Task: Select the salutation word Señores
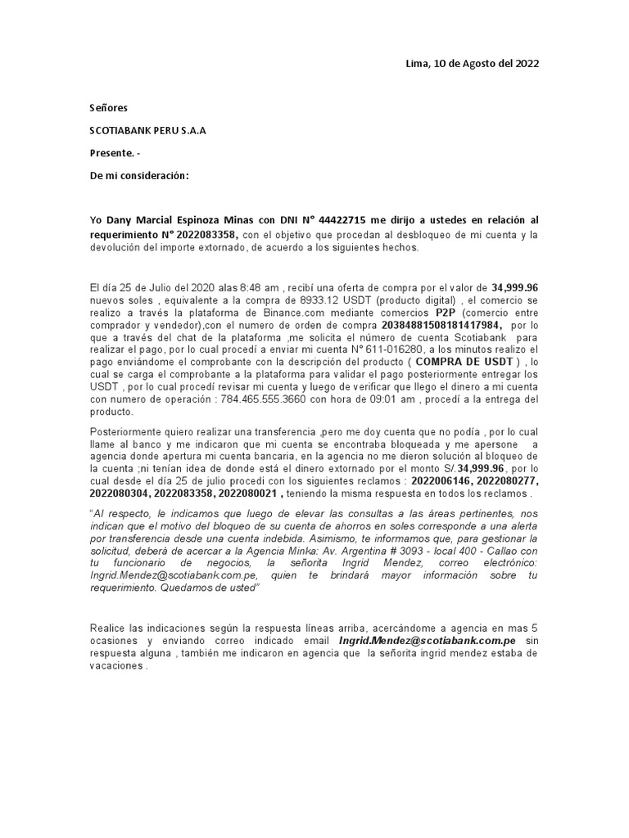pos(108,108)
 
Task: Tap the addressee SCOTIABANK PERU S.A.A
pos(147,131)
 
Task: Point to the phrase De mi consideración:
pos(138,176)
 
